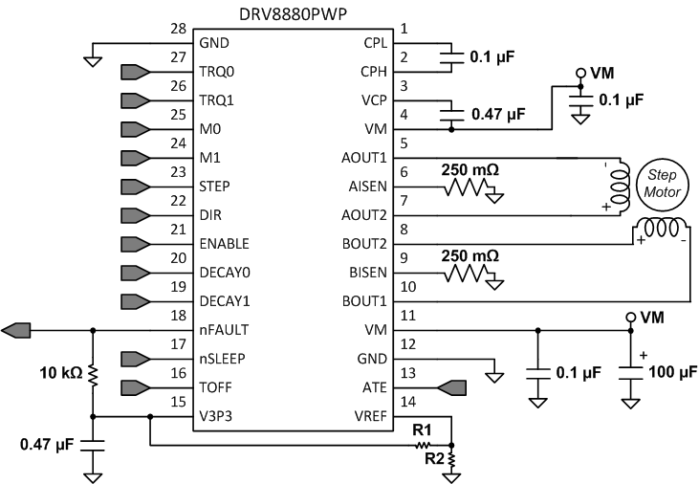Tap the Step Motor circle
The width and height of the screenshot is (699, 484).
tap(661, 185)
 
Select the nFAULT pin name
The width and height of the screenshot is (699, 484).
tap(223, 330)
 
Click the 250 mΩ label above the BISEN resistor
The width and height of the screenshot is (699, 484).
tap(470, 256)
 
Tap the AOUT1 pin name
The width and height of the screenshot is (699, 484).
tap(362, 157)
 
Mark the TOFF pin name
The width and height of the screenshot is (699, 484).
tap(217, 387)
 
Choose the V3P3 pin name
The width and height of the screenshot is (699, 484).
tap(217, 416)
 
